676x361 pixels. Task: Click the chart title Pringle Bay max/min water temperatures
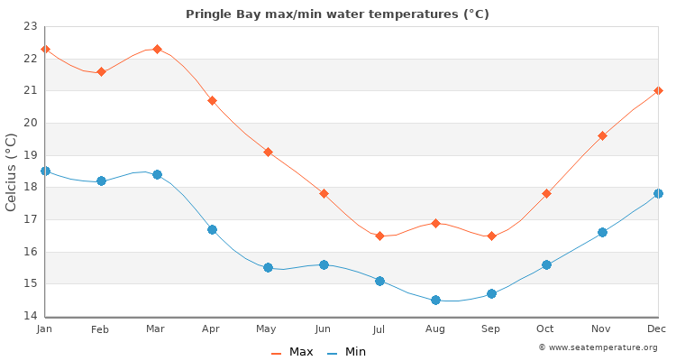click(x=337, y=14)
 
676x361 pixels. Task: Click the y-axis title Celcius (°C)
click(x=12, y=171)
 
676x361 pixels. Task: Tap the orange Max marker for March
click(x=157, y=49)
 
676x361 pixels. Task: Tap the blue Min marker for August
click(x=435, y=300)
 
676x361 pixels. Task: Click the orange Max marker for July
click(x=379, y=236)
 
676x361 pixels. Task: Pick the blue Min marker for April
click(x=212, y=229)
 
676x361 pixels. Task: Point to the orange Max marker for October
click(x=546, y=193)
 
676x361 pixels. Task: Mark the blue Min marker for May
click(x=268, y=267)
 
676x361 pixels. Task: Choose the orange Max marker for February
click(x=101, y=71)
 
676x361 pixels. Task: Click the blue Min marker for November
click(x=602, y=232)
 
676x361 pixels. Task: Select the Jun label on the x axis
click(x=324, y=329)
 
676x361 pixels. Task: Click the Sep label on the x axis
click(x=490, y=329)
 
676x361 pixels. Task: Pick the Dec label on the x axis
click(x=658, y=329)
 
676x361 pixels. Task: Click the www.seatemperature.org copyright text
click(x=598, y=347)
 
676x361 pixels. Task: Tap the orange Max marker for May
click(x=268, y=152)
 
